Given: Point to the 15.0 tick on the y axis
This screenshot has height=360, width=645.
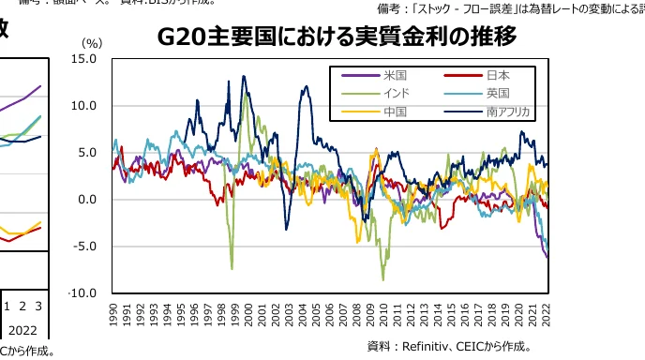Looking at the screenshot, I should pos(84,59).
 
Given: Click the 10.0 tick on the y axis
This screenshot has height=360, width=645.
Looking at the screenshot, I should pos(84,106).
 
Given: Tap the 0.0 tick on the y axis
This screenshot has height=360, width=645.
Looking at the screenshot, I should pos(87,200).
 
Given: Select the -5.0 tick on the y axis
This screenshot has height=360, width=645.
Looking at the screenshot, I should pos(85,247).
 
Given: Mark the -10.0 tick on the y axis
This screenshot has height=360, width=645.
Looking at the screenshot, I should pos(83,293).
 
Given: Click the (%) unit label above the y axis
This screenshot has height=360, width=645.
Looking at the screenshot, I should pos(92,43).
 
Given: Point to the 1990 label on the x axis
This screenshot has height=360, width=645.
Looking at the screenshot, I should pos(113,313).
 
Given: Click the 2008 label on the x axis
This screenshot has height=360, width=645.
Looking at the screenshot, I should pos(357,313).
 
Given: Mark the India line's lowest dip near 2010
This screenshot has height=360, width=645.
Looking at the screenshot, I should pos(382,279).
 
